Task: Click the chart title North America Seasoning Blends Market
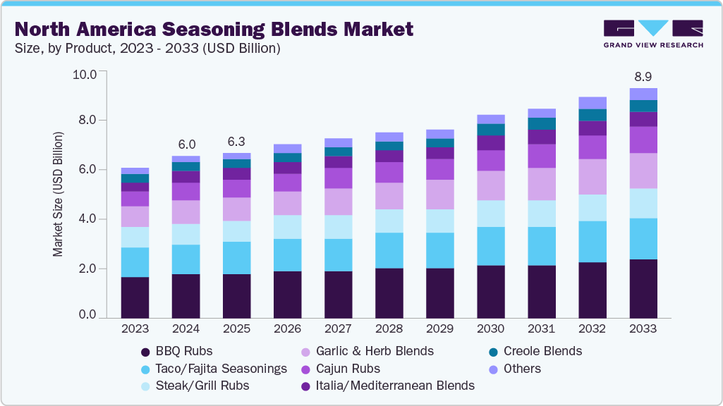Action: tap(213, 29)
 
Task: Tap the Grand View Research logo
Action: tap(653, 32)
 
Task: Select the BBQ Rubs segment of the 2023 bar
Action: tap(135, 297)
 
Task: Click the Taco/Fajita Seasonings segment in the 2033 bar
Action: tap(643, 238)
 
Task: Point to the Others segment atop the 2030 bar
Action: tap(490, 119)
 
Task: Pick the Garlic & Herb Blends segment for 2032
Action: tap(592, 176)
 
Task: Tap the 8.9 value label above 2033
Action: tap(643, 75)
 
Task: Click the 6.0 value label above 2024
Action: tap(186, 144)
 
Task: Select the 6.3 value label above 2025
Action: tap(236, 141)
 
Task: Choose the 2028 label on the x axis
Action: tap(389, 329)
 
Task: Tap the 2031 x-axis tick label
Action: tap(541, 329)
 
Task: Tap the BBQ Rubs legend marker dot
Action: tap(145, 351)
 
